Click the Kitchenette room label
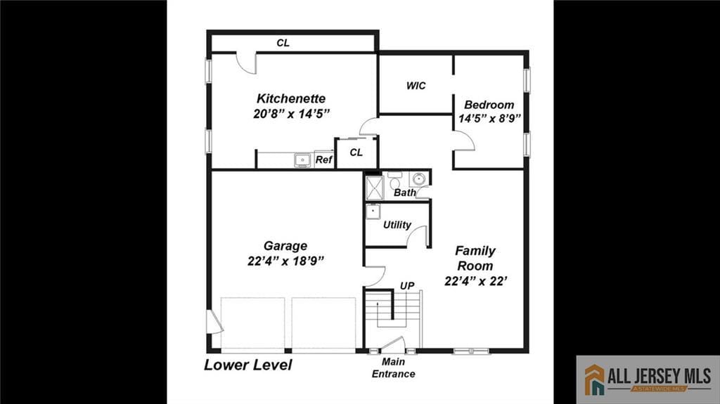click(290, 98)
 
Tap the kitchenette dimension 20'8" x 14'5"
click(291, 113)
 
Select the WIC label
click(416, 86)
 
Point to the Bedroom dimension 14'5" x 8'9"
click(489, 119)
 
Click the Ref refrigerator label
click(323, 160)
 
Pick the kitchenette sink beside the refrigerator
click(303, 160)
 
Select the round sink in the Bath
click(419, 178)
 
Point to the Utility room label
click(397, 225)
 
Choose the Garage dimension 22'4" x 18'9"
click(285, 261)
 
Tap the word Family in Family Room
click(475, 251)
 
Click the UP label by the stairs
click(407, 285)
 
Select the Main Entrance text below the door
click(394, 368)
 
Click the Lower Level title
click(247, 365)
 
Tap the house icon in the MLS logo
click(594, 379)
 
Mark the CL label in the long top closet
click(283, 43)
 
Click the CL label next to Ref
click(356, 152)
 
